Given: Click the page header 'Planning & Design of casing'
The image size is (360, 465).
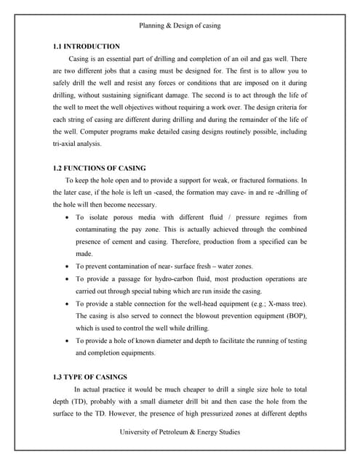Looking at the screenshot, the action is point(180,25).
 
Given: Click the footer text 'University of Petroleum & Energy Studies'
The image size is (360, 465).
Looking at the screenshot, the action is point(180,432).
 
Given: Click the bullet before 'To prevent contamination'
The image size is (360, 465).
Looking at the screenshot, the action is point(68,267).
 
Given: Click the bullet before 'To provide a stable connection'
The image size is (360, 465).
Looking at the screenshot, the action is point(68,304).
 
